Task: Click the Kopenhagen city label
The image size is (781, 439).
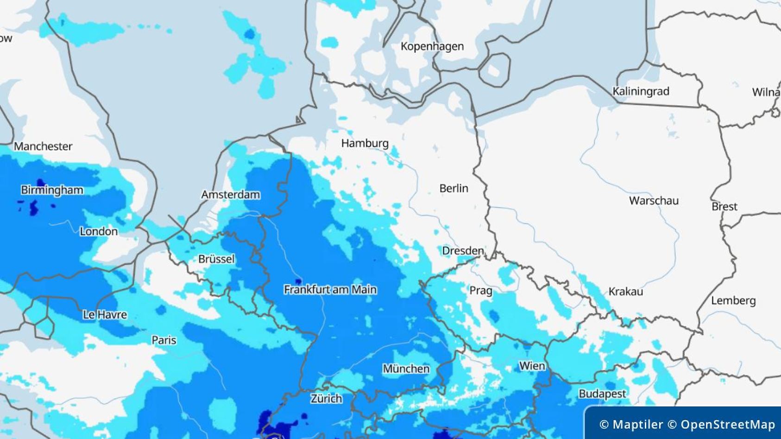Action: [x=432, y=46]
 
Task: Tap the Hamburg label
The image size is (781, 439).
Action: [x=365, y=143]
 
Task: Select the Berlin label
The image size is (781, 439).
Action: [x=453, y=188]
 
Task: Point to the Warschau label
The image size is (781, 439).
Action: [x=653, y=201]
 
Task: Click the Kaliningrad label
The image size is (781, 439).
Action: [x=641, y=91]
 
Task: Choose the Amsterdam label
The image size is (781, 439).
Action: [x=230, y=195]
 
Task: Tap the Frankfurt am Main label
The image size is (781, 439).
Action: [x=330, y=290]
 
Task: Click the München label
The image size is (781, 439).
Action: [x=406, y=369]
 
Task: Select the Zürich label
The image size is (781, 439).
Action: [x=326, y=399]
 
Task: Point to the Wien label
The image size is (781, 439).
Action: [x=532, y=366]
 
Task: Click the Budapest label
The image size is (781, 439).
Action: [x=602, y=394]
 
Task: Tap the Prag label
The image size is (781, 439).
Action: [x=481, y=291]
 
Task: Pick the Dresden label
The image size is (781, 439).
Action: [x=463, y=251]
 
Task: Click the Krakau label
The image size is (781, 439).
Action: [x=625, y=292]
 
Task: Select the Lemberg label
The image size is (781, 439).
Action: [x=733, y=301]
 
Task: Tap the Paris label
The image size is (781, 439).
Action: [x=164, y=340]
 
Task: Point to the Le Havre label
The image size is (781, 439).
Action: [x=105, y=315]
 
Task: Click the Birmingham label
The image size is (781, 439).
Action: [x=52, y=190]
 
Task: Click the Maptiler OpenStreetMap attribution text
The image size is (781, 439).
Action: [x=687, y=424]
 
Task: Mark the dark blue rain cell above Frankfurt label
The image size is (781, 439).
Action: [x=299, y=281]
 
